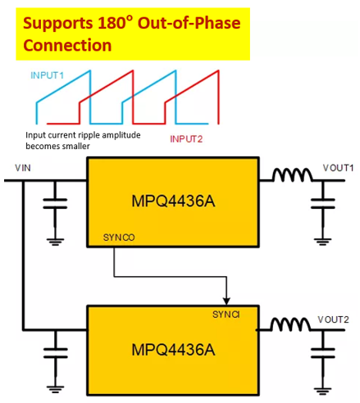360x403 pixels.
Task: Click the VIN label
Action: pos(23,168)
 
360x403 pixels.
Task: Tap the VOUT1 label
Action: pos(338,168)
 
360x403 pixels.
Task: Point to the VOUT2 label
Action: pos(333,319)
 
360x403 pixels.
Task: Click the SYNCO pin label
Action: pos(119,238)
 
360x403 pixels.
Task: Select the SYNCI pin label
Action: pos(226,315)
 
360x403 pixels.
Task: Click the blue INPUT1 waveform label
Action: pos(47,75)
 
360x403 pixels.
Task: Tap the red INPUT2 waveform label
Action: pos(186,139)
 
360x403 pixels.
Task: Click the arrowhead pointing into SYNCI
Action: pos(226,301)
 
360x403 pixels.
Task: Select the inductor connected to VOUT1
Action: pos(293,174)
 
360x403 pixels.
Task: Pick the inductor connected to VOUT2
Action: pos(291,324)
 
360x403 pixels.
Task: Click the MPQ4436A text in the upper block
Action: pos(173,201)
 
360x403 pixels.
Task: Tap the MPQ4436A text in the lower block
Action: pos(173,350)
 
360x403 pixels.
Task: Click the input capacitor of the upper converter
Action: pos(55,204)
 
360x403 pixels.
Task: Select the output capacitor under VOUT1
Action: pos(323,204)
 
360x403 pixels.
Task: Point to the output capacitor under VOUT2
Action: pos(323,353)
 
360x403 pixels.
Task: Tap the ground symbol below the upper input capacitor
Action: pos(55,242)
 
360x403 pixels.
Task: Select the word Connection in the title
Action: pos(67,45)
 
